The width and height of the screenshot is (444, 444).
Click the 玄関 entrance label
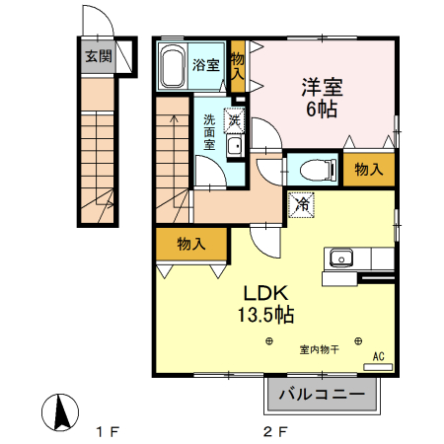[98, 56]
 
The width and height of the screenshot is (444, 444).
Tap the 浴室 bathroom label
[205, 65]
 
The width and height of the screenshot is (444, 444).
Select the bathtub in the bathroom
[173, 67]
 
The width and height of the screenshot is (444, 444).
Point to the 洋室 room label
[323, 87]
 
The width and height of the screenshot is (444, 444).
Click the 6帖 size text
[322, 109]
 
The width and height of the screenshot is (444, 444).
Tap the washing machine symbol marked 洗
[235, 120]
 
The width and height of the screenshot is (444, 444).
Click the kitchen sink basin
[340, 259]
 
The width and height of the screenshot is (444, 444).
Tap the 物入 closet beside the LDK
[190, 244]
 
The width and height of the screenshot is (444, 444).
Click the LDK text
[265, 293]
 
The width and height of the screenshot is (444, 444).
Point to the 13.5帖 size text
[264, 315]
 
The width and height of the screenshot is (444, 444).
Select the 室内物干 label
[319, 347]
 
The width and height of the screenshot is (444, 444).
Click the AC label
[378, 356]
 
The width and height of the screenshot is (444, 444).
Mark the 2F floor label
[275, 431]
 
